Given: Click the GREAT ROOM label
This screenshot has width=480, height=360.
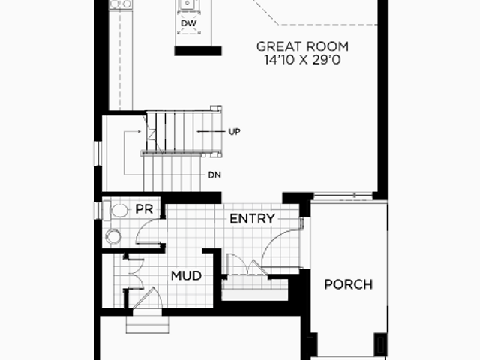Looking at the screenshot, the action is (x=302, y=46).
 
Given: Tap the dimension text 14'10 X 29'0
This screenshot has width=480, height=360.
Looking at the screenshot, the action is (x=302, y=60).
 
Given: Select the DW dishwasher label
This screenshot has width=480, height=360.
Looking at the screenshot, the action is (x=188, y=23).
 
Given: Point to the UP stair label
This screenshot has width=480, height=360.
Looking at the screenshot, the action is (x=235, y=132).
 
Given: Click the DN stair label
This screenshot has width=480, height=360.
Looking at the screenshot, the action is (x=214, y=175).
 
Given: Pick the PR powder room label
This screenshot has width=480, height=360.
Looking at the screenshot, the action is (x=144, y=209).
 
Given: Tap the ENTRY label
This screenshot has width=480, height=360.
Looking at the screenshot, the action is (x=252, y=219).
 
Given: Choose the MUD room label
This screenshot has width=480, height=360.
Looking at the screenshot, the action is (x=186, y=275).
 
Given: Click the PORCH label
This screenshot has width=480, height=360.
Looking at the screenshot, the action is (x=348, y=284).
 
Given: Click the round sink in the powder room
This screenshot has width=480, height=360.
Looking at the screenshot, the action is (x=113, y=237).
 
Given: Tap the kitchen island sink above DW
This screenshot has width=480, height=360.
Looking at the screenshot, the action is (x=187, y=4).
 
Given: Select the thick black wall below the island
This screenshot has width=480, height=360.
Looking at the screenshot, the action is (x=198, y=51).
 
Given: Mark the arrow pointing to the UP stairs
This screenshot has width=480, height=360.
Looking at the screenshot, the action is (x=211, y=132).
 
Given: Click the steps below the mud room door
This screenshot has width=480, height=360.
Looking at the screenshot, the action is (x=147, y=320).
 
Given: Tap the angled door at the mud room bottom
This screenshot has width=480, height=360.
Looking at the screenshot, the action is (x=146, y=298).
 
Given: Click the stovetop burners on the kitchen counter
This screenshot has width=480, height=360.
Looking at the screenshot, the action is (x=121, y=4).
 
